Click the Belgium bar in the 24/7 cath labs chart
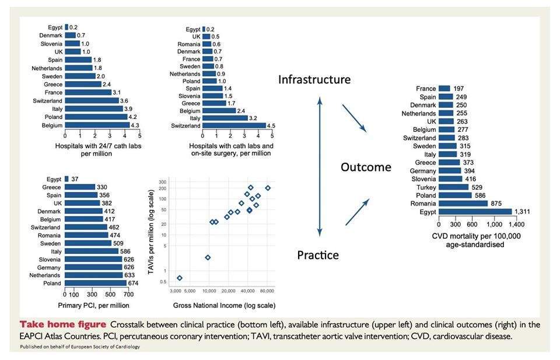[x=97, y=125]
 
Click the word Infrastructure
[x=314, y=79]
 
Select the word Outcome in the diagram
[x=366, y=167]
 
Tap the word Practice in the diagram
[x=318, y=255]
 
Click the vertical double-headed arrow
[x=320, y=167]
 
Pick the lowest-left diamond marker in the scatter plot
[x=180, y=278]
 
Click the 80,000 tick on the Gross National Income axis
[x=267, y=290]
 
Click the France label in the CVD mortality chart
[x=426, y=89]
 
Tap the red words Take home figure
[x=54, y=324]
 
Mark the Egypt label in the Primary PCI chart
[x=54, y=179]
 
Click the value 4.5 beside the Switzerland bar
[x=271, y=125]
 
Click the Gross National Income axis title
[x=223, y=305]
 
